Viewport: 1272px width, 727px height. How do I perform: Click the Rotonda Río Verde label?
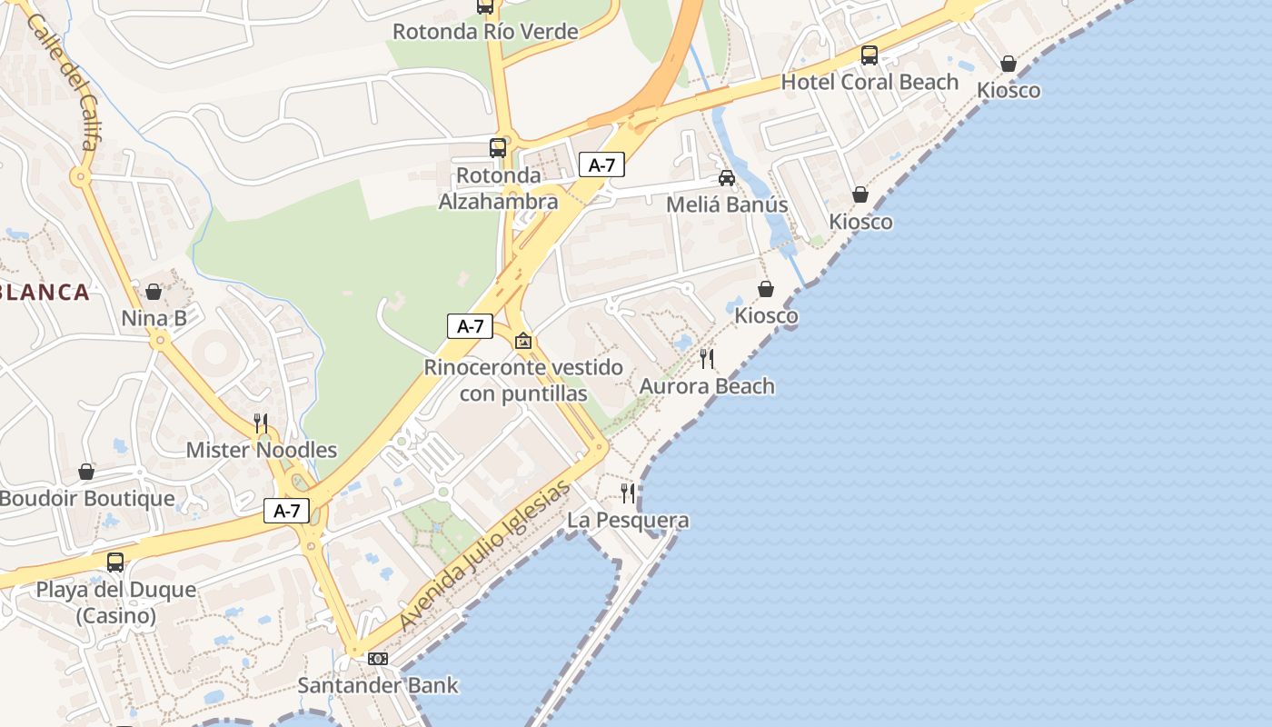(x=484, y=32)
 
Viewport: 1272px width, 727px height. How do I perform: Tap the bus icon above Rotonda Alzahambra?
(x=498, y=147)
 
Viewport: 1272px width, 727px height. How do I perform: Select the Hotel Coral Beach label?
(x=870, y=82)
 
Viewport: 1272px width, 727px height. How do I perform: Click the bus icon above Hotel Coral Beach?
(x=870, y=55)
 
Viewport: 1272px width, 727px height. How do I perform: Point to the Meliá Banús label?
(x=727, y=204)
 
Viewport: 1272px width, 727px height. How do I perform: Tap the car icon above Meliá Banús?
(x=727, y=178)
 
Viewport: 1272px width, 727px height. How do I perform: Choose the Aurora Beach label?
(x=707, y=386)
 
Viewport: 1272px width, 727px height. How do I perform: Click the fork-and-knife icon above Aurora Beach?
(x=707, y=359)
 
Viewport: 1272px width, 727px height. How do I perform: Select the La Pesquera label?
(x=628, y=521)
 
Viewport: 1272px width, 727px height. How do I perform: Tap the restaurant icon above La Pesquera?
(x=628, y=493)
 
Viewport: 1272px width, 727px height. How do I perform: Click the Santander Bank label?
(x=378, y=685)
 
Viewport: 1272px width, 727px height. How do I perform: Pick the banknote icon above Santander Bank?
(x=378, y=659)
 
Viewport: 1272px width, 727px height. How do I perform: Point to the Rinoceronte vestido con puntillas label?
(x=523, y=381)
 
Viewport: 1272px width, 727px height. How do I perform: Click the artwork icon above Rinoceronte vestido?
(x=523, y=342)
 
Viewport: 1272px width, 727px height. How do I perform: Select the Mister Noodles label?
(x=261, y=450)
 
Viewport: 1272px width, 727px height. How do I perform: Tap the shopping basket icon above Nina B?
(x=154, y=292)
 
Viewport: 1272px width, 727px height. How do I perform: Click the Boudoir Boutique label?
(x=86, y=499)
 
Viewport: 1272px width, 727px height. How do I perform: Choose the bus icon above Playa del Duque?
(x=115, y=563)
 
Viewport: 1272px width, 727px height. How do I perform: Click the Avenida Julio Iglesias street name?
(x=485, y=556)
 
